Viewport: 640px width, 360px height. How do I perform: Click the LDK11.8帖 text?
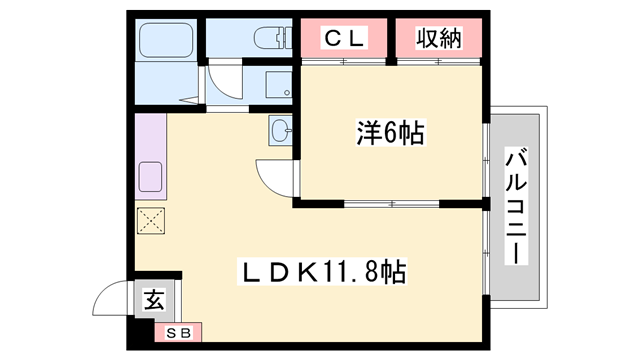click(x=321, y=271)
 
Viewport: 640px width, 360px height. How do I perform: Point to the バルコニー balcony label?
click(x=517, y=206)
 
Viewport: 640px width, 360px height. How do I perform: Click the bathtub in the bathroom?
click(x=168, y=41)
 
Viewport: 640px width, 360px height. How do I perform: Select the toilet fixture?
click(x=271, y=39)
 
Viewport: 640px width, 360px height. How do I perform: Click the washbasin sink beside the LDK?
click(x=279, y=130)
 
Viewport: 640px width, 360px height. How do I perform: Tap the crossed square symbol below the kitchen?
click(x=152, y=221)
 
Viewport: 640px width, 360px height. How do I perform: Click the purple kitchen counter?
click(x=151, y=160)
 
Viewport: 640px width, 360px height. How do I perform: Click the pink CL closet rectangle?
click(x=344, y=39)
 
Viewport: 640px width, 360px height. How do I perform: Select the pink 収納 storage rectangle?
click(x=438, y=39)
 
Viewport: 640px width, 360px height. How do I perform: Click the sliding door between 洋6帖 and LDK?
click(x=390, y=204)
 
